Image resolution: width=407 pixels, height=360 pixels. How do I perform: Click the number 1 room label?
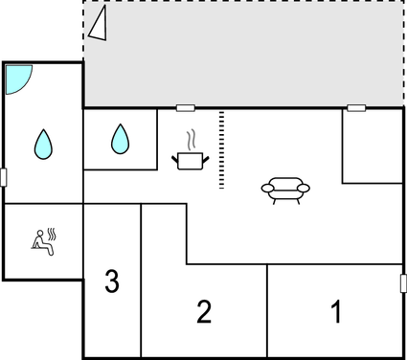pyautogui.click(x=335, y=311)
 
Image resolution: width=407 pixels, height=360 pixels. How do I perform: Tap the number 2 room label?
pyautogui.click(x=203, y=311)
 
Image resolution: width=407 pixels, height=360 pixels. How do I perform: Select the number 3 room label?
pyautogui.click(x=112, y=281)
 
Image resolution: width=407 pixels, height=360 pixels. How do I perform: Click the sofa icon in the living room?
pyautogui.click(x=285, y=190)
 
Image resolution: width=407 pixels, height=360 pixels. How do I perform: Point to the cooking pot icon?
pyautogui.click(x=189, y=159)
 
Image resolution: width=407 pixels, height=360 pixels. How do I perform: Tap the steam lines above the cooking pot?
pyautogui.click(x=192, y=138)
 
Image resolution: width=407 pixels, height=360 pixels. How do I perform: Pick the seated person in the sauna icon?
pyautogui.click(x=40, y=241)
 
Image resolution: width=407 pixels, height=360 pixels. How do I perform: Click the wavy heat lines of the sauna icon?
pyautogui.click(x=55, y=234)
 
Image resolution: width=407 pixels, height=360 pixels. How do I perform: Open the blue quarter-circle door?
pyautogui.click(x=18, y=79)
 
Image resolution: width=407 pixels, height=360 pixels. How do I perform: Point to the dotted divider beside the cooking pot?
pyautogui.click(x=222, y=149)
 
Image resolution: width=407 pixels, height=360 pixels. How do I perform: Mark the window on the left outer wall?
pyautogui.click(x=4, y=177)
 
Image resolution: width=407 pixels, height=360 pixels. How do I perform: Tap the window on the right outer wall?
pyautogui.click(x=402, y=284)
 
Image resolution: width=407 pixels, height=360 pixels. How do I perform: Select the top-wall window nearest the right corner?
pyautogui.click(x=355, y=108)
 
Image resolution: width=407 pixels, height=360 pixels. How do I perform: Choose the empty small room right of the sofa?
pyautogui.click(x=372, y=146)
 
